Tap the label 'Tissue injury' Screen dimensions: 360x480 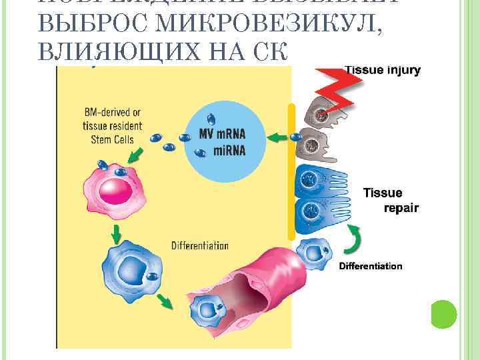coord(382,69)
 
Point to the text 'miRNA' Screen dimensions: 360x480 coord(229,151)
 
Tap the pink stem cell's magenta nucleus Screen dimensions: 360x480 coord(115,191)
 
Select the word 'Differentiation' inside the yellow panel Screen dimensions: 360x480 coord(199,245)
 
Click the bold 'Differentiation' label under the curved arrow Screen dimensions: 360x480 coord(371,265)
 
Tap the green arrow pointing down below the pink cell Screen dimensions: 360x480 coord(117,233)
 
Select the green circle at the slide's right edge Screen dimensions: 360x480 coord(443,313)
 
